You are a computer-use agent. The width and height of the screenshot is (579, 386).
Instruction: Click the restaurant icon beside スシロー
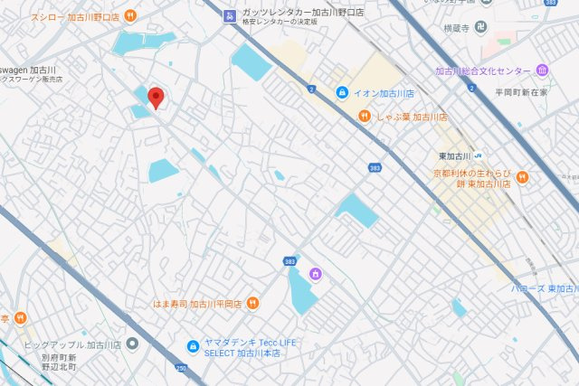(131, 15)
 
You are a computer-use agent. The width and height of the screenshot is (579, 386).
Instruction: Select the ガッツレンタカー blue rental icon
(231, 15)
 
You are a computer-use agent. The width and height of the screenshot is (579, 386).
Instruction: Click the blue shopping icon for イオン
(342, 92)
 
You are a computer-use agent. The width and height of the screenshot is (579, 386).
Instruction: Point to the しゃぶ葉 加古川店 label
(413, 116)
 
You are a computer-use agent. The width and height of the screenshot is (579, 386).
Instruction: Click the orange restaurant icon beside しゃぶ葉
(364, 116)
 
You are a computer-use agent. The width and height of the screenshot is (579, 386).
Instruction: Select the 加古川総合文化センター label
(481, 71)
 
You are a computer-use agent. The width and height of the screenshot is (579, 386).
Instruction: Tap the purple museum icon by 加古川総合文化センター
(542, 71)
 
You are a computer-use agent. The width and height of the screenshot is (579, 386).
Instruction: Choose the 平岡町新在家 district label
(522, 92)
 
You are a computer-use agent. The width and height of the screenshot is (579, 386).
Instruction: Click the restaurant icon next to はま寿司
(254, 303)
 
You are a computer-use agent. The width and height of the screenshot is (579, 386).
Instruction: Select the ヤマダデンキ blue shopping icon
(193, 345)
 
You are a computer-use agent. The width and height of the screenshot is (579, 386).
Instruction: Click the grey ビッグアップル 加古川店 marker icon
(133, 344)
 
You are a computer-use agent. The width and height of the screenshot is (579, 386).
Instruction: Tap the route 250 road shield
(181, 368)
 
